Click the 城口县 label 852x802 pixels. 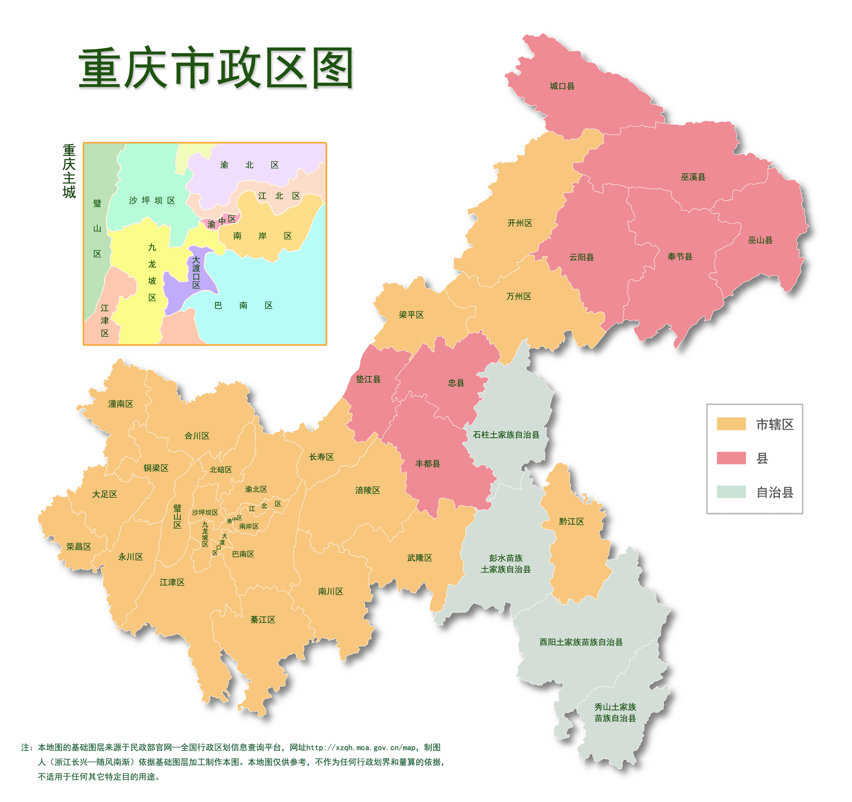tap(562, 86)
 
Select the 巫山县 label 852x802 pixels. tap(760, 240)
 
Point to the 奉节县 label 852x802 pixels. tap(680, 256)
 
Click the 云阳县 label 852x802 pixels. tap(581, 257)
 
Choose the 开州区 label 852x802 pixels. tap(519, 223)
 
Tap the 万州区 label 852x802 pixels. tap(519, 296)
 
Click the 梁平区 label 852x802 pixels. tap(411, 315)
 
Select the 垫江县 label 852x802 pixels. tap(368, 379)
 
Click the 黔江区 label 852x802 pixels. tap(571, 522)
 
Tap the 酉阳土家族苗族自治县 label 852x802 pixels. tap(581, 642)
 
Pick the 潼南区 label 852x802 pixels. tap(120, 404)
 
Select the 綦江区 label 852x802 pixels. tap(263, 619)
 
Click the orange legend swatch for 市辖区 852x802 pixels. tap(731, 424)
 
